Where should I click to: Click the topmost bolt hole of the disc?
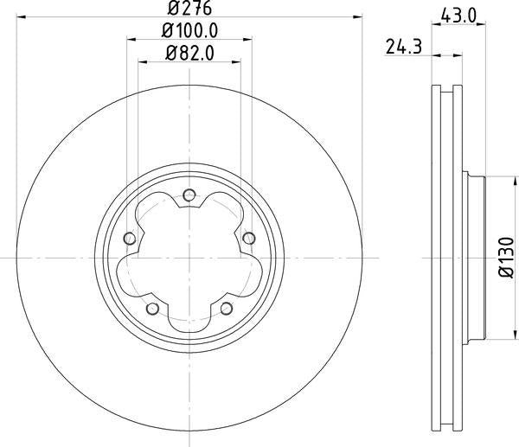(x=189, y=195)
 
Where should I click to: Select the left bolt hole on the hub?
(x=129, y=239)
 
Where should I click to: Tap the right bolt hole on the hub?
(x=248, y=239)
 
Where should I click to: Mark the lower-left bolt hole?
(x=152, y=309)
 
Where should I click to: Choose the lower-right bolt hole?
(x=226, y=309)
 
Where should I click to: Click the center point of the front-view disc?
(x=189, y=258)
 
